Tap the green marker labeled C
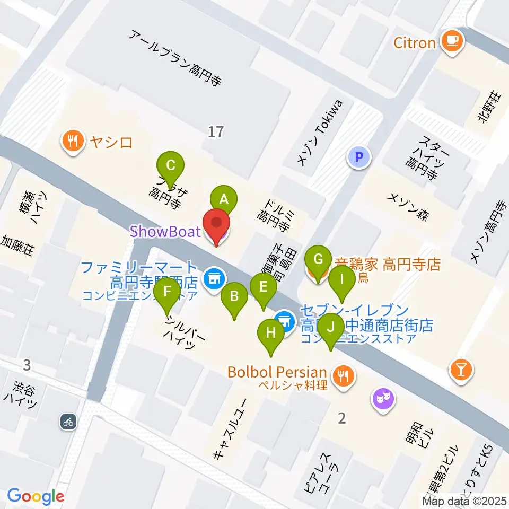tap(171, 165)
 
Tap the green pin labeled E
tap(264, 287)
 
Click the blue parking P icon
tap(359, 157)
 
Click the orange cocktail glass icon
tap(461, 368)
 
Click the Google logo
tap(36, 496)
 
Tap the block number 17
tap(216, 131)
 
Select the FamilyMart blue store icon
tap(215, 276)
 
